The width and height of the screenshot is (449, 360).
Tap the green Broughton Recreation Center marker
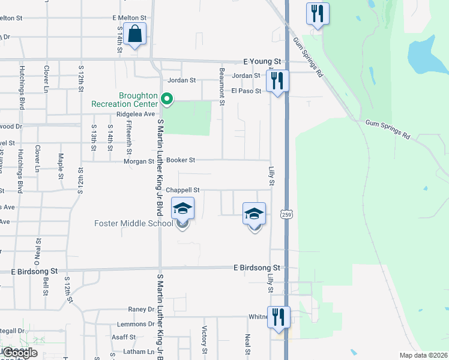pyautogui.click(x=169, y=100)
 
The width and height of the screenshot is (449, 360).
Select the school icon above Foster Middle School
pyautogui.click(x=183, y=209)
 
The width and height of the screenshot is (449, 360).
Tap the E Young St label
pyautogui.click(x=262, y=61)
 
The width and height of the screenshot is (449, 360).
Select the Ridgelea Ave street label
pyautogui.click(x=136, y=113)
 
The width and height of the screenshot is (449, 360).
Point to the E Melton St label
pyautogui.click(x=129, y=19)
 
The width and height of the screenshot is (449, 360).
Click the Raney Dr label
pyautogui.click(x=141, y=310)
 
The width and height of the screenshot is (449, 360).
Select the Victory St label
pyautogui.click(x=205, y=340)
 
